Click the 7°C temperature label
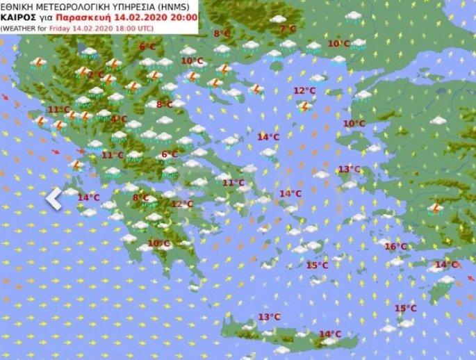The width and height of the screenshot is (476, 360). click(x=287, y=29)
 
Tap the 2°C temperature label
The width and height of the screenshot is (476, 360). click(x=96, y=75)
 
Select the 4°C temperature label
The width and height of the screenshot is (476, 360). click(x=119, y=119)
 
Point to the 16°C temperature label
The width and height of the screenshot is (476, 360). click(x=395, y=247)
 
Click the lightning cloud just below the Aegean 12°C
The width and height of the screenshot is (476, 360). click(x=304, y=106)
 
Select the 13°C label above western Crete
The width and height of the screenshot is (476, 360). click(x=269, y=317)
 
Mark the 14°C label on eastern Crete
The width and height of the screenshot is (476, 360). click(x=329, y=334)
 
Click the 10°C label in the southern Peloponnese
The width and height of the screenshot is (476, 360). click(x=158, y=243)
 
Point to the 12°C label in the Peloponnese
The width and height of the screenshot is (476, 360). click(x=182, y=204)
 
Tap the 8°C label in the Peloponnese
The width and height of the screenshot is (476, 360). click(x=140, y=198)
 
